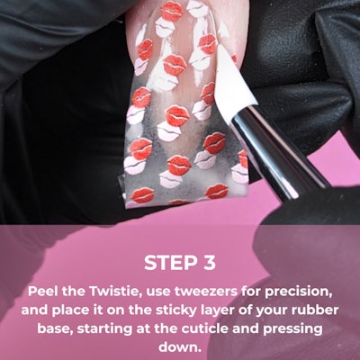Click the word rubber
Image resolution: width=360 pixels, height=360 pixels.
pos(326,311)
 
